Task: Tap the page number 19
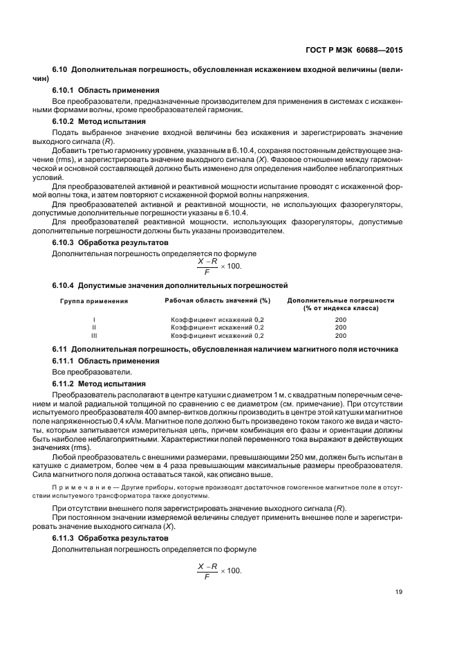[399, 592]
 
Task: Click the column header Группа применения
[94, 301]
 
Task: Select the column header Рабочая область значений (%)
[217, 300]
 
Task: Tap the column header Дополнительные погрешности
[340, 304]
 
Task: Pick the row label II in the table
[94, 327]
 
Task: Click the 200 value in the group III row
[340, 334]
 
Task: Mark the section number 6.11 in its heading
[60, 349]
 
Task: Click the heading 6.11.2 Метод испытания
[99, 384]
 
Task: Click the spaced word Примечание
[82, 489]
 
